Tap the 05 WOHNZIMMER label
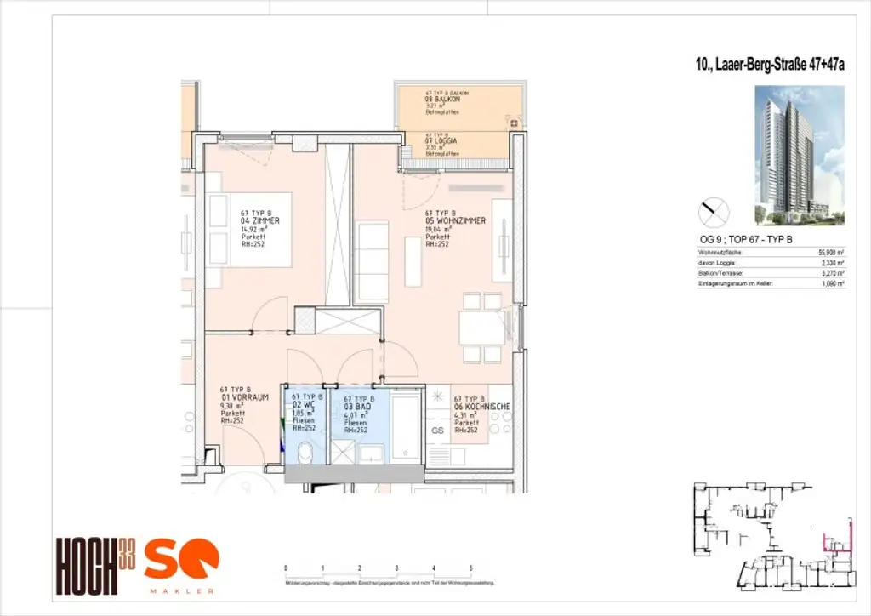tap(455, 220)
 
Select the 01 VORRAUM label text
tap(245, 396)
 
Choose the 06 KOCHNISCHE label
tap(482, 408)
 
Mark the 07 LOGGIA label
tap(442, 141)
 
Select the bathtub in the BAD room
tap(406, 425)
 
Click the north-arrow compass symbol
tap(714, 209)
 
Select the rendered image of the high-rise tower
tap(798, 155)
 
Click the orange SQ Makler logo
tap(180, 565)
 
